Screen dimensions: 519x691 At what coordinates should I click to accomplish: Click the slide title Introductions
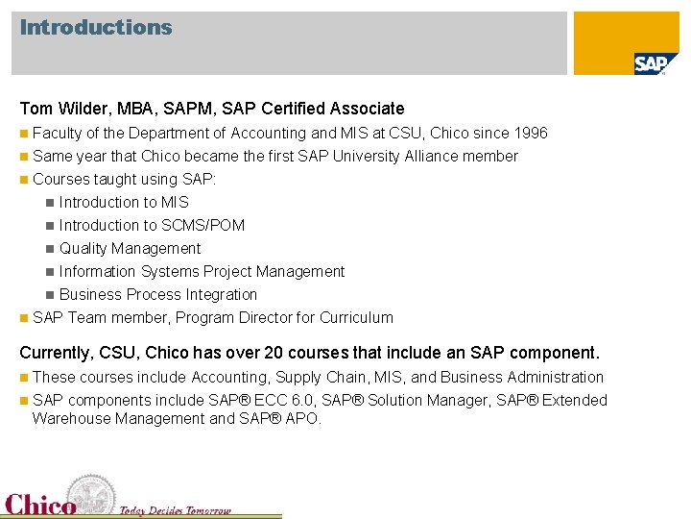[x=96, y=28]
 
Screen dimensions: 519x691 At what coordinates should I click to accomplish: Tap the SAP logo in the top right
[x=650, y=63]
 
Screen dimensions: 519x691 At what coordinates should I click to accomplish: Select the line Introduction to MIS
[x=124, y=203]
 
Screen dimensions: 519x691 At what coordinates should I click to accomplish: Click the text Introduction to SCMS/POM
[x=152, y=226]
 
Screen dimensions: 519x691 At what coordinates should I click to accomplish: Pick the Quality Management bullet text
[x=130, y=249]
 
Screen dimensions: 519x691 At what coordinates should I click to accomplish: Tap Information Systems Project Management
[x=202, y=272]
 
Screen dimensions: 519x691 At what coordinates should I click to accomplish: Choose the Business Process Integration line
[x=158, y=295]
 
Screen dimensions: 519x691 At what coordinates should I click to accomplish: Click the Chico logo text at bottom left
[x=40, y=505]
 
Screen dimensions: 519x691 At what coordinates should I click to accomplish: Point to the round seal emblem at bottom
[x=92, y=494]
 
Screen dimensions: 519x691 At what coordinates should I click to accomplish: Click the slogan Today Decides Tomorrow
[x=175, y=510]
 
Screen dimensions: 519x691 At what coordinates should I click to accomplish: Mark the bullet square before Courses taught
[x=24, y=180]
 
